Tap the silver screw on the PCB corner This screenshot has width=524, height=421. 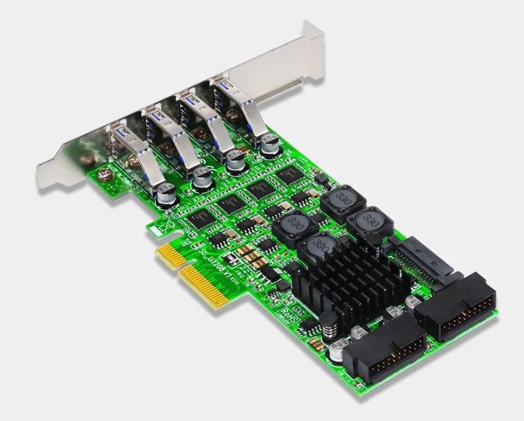point(103,174)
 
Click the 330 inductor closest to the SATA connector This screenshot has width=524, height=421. point(371,218)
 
